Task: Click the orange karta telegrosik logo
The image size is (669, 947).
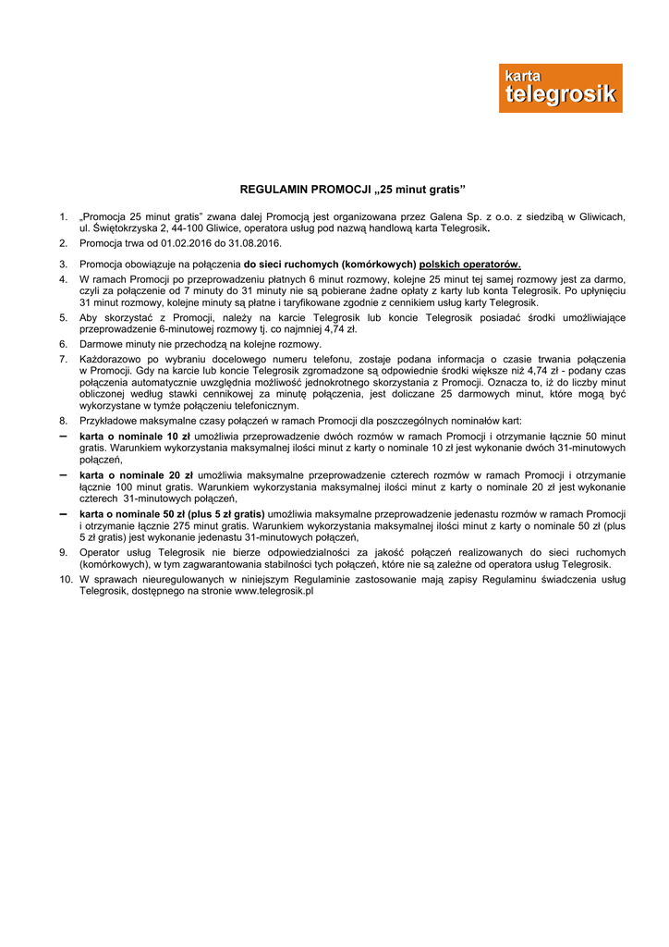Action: (560, 89)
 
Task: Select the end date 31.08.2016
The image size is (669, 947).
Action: (256, 243)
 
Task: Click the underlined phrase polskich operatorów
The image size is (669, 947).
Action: (469, 264)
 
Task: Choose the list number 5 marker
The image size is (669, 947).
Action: (63, 317)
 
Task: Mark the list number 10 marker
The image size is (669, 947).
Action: (66, 579)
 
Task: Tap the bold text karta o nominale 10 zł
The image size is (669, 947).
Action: (135, 437)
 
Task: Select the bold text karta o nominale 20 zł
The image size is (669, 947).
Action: (135, 475)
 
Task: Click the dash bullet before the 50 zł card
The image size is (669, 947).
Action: (63, 513)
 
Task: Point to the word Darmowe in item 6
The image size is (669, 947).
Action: (101, 344)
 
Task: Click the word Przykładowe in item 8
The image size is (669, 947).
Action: (107, 421)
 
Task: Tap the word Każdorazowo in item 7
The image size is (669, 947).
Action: (112, 359)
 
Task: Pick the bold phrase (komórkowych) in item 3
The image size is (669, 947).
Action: (379, 264)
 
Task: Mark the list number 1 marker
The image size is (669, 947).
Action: (63, 216)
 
